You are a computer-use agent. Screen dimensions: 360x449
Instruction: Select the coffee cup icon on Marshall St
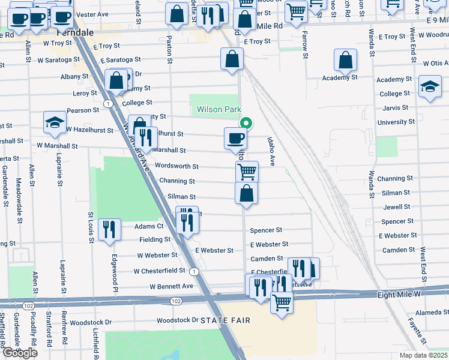[x=235, y=138]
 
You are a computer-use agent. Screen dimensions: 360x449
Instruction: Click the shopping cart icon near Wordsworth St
[x=247, y=172]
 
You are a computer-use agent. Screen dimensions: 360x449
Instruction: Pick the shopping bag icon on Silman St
[x=246, y=193]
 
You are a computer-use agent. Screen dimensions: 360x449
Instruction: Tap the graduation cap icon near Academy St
[x=430, y=86]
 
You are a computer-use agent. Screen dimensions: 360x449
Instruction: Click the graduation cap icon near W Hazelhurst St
[x=55, y=122]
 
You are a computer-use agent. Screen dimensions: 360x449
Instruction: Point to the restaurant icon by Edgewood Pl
[x=109, y=230]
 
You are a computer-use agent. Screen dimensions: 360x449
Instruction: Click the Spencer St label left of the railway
[x=266, y=230]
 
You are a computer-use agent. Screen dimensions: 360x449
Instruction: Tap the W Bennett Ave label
[x=172, y=286]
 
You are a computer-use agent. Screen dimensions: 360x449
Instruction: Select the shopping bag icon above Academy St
[x=345, y=61]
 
